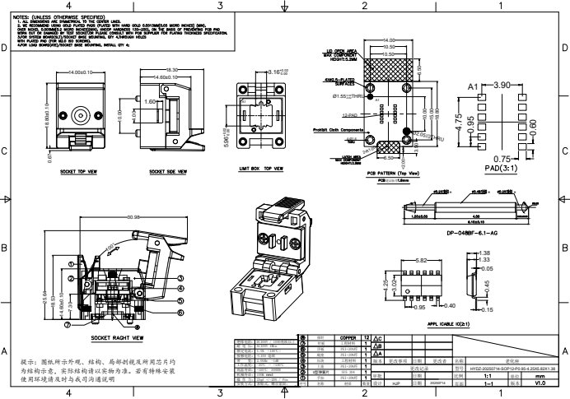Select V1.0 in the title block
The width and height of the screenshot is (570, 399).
540,383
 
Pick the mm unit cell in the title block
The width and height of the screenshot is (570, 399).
540,374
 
